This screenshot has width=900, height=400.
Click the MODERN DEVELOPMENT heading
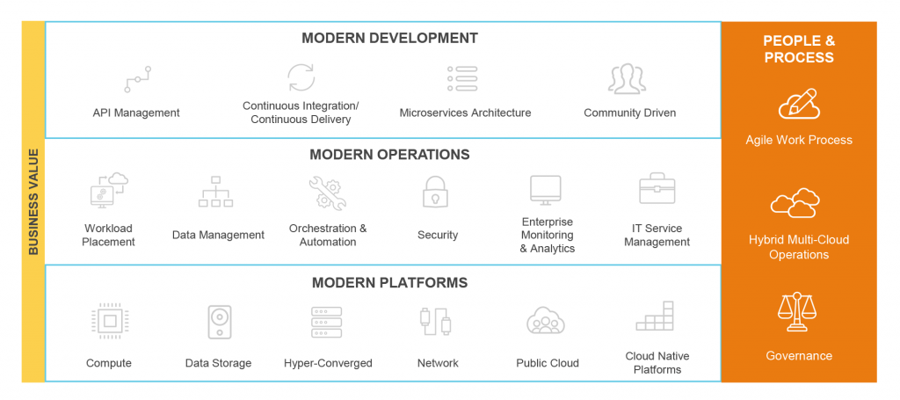click(389, 39)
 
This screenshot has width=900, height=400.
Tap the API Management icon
click(138, 79)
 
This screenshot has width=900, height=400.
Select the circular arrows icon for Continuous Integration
click(301, 77)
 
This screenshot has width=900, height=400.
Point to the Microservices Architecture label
click(465, 113)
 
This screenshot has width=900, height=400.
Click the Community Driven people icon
click(628, 78)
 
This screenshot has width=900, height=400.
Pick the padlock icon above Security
click(436, 192)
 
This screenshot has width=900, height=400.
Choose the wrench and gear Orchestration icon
click(327, 193)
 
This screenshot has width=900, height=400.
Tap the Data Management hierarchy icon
click(216, 191)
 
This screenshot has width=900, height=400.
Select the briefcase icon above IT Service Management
click(657, 188)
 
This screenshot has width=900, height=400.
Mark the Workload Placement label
click(108, 235)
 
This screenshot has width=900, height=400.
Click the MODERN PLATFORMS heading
click(389, 283)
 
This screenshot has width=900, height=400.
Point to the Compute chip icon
click(110, 320)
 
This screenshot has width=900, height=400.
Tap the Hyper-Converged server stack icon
click(327, 322)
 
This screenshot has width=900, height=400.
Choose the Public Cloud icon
click(546, 320)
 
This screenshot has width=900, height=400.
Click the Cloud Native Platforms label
click(657, 363)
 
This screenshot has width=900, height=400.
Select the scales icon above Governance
click(796, 311)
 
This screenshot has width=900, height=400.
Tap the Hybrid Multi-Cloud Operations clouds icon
click(795, 203)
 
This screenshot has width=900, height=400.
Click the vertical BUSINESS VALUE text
click(33, 202)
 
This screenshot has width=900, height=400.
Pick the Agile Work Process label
click(799, 140)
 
